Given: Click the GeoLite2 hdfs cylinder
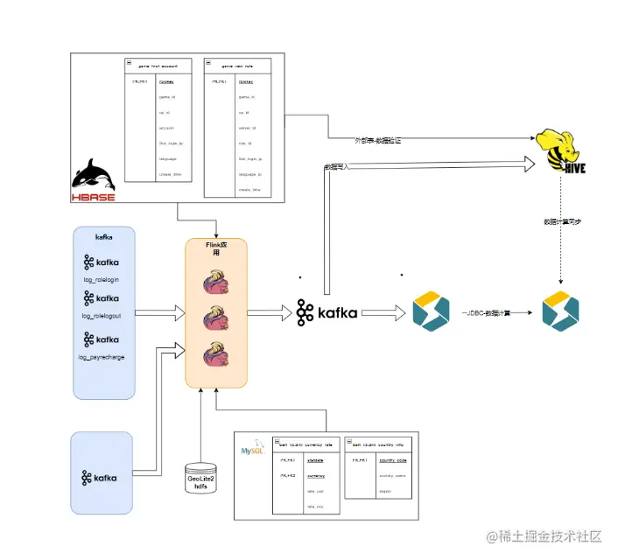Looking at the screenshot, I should click(x=200, y=479).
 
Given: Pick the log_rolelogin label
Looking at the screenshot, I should click(x=101, y=280).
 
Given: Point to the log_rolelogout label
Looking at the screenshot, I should click(x=101, y=315).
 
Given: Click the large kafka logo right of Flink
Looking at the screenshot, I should click(x=327, y=311).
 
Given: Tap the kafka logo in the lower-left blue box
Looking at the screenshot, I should click(x=101, y=478).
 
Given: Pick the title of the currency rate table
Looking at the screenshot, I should click(x=305, y=444).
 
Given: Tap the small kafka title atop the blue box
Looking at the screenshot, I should click(x=103, y=236).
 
